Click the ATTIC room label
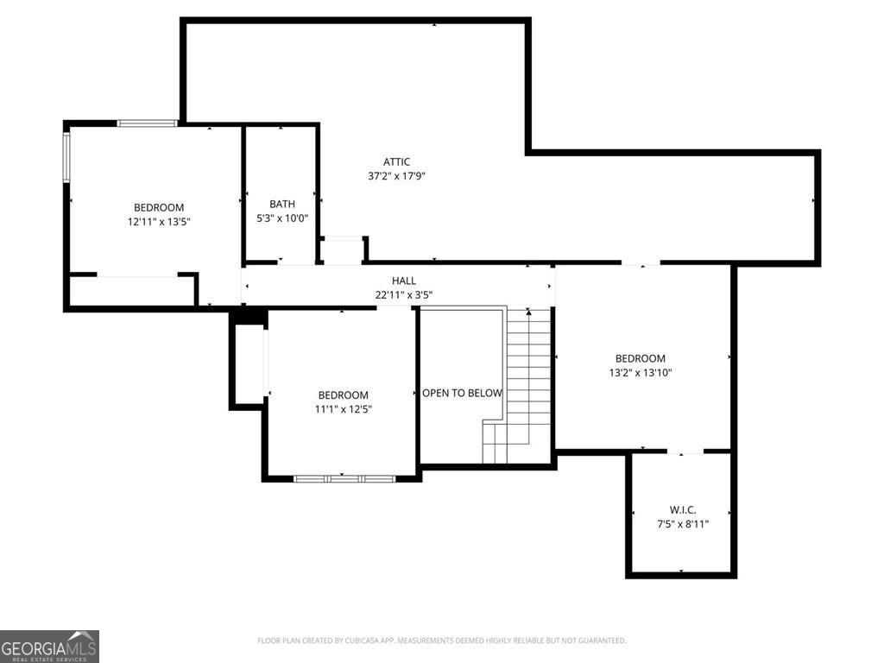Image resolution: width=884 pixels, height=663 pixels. pos(396,162)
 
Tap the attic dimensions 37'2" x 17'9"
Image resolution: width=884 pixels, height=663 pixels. pos(396,176)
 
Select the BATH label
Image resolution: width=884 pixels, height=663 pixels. pos(282,204)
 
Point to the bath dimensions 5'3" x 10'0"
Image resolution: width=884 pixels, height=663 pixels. pos(282,218)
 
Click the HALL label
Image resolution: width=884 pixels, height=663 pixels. pos(404,281)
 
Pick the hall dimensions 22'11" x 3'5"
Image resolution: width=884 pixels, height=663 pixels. pos(404,295)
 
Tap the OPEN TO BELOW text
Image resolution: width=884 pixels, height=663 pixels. pos(462,393)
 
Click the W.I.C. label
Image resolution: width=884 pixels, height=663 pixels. pos(682,510)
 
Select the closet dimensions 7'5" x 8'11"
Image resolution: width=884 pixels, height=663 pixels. pos(682,524)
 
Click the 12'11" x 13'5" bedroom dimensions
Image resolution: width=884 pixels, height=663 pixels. pos(159,222)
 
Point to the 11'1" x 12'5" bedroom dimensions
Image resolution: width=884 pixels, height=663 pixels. pos(344,409)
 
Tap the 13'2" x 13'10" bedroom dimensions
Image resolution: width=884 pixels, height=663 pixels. pos(641,373)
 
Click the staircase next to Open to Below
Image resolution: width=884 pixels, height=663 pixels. pos(517,386)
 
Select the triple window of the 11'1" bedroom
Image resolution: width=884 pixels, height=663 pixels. pos(344,479)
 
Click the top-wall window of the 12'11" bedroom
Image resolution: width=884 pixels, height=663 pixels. pos(148,123)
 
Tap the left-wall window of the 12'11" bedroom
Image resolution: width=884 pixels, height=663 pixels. pos(66,157)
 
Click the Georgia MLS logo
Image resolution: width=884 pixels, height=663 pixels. pos(49,647)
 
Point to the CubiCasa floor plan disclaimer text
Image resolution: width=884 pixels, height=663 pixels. pos(441,641)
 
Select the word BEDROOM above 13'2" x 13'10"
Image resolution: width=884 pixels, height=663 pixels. pos(641,358)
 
